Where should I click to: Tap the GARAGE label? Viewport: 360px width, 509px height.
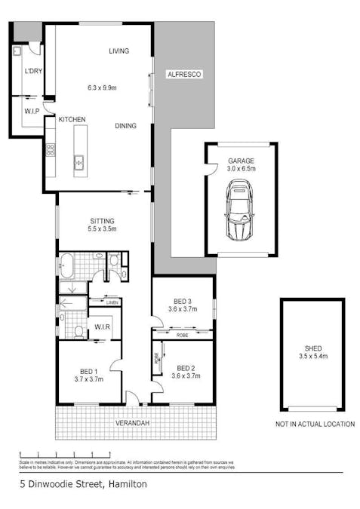pyautogui.click(x=241, y=161)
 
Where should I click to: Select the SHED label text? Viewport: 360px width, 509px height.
pyautogui.click(x=312, y=348)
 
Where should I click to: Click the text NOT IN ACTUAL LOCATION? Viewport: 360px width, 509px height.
pyautogui.click(x=315, y=424)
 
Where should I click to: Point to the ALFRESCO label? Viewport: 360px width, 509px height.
pyautogui.click(x=184, y=74)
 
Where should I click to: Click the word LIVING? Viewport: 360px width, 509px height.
pyautogui.click(x=118, y=51)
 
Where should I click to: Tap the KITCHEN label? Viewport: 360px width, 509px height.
pyautogui.click(x=72, y=119)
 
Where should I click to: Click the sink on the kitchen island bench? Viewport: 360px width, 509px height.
pyautogui.click(x=78, y=161)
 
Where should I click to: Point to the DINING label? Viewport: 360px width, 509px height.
pyautogui.click(x=125, y=126)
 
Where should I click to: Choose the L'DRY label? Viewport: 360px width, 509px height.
pyautogui.click(x=32, y=71)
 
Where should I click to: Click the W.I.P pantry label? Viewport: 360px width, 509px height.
pyautogui.click(x=32, y=112)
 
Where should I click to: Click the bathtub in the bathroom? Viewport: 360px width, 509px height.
pyautogui.click(x=67, y=266)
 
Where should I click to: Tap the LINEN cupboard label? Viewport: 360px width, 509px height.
pyautogui.click(x=112, y=302)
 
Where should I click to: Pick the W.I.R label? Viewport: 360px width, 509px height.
pyautogui.click(x=102, y=327)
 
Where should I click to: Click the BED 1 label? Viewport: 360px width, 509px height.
pyautogui.click(x=89, y=370)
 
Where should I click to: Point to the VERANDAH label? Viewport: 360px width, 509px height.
pyautogui.click(x=132, y=423)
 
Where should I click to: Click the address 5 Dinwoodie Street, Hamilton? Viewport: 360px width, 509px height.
pyautogui.click(x=83, y=484)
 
